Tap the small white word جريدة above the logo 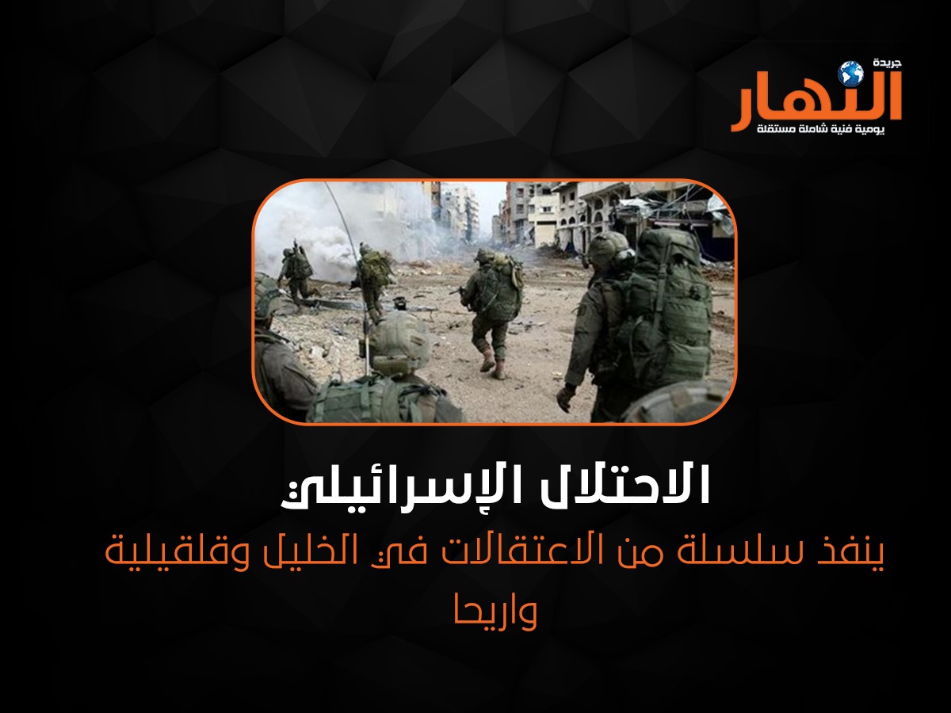[x=884, y=63]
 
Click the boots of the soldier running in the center [x=491, y=364]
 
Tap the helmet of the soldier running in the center [x=484, y=255]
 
